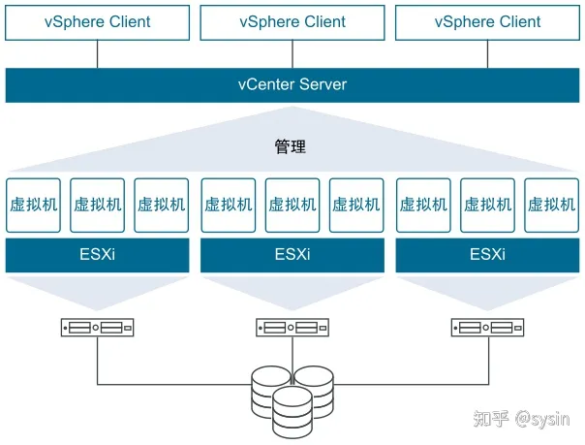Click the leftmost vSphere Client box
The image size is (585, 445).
pos(97,22)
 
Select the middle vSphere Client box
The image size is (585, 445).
pos(292,22)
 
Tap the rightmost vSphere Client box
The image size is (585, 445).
pos(487,22)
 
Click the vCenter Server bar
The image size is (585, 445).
pos(292,85)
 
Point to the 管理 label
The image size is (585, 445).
pos(291,146)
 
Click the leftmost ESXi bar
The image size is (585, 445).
pos(97,255)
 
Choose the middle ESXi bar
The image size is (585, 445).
pos(292,255)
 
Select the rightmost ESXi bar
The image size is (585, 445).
pos(487,255)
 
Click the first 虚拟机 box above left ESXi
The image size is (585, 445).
pos(33,206)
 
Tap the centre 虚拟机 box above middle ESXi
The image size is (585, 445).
pos(292,206)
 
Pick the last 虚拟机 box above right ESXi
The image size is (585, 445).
pos(551,206)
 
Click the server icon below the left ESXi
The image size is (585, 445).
pos(97,328)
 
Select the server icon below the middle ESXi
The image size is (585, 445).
pos(292,328)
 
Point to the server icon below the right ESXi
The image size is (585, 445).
pos(487,328)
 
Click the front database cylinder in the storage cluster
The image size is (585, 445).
pos(292,412)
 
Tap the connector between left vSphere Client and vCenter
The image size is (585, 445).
pos(98,54)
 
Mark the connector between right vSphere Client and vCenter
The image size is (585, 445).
pos(487,54)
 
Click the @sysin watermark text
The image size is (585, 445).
pos(542,419)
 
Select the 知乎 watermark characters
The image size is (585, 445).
pos(491,419)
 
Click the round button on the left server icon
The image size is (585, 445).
pos(96,328)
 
